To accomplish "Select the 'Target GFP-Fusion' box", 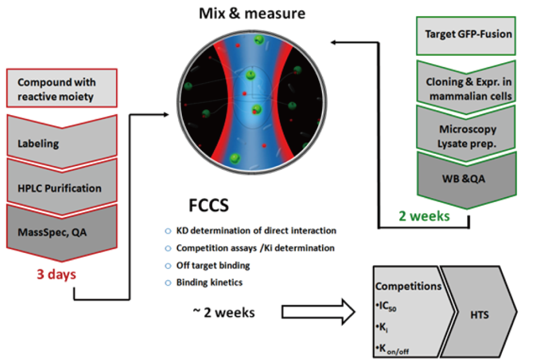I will pos(468,35).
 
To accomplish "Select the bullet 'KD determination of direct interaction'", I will pos(255,231).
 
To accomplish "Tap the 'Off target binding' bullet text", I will pos(213,265).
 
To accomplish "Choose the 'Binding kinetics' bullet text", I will pos(209,282).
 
